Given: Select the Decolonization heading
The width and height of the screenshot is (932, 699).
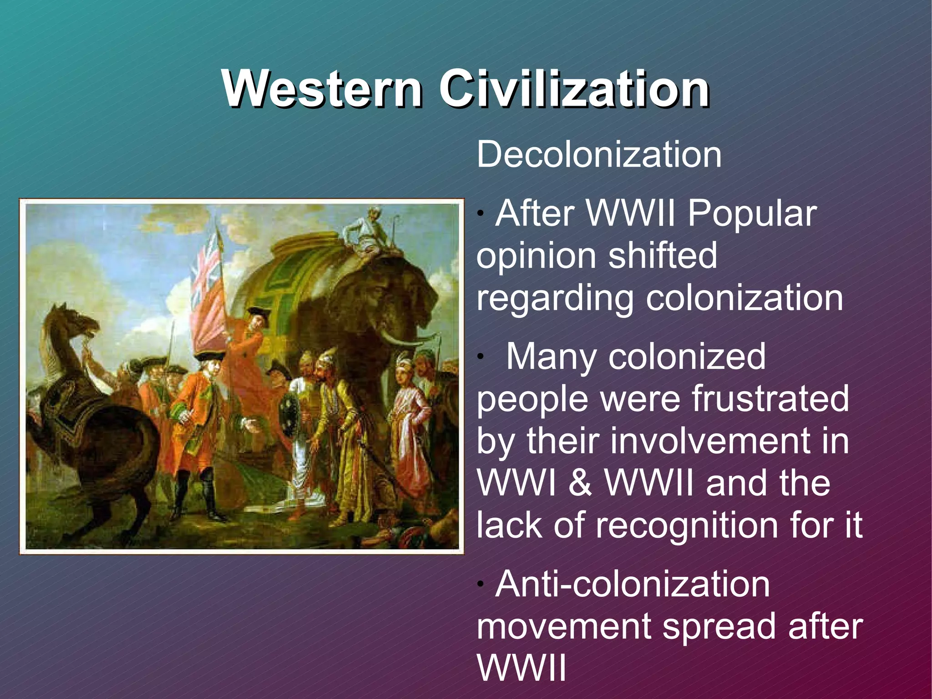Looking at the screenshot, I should coord(599,155).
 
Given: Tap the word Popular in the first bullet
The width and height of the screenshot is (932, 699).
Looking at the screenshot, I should coord(752,214).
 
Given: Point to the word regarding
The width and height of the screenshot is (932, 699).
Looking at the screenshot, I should coord(554,299).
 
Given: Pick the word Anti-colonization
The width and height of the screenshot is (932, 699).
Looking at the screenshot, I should coord(633,584).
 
